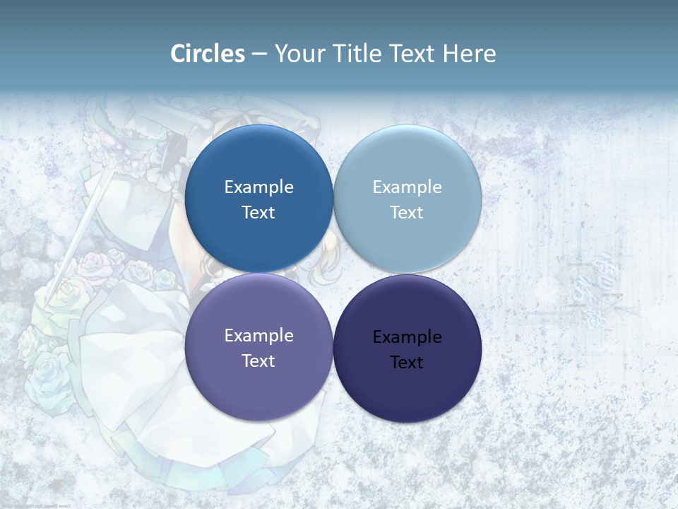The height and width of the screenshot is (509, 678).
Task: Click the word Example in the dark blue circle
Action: point(258,187)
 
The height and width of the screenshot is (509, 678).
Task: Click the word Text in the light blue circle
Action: point(407,213)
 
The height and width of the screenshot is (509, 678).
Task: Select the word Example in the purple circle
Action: point(258,336)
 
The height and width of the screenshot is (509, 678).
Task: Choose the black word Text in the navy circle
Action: point(407,363)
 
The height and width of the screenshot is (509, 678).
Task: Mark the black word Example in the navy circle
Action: point(407,337)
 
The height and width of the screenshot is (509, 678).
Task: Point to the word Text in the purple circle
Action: point(258,361)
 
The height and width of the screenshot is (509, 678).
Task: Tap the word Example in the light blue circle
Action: point(407,187)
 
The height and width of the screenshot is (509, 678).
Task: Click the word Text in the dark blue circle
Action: point(258,213)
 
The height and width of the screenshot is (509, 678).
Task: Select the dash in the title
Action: point(259,54)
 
